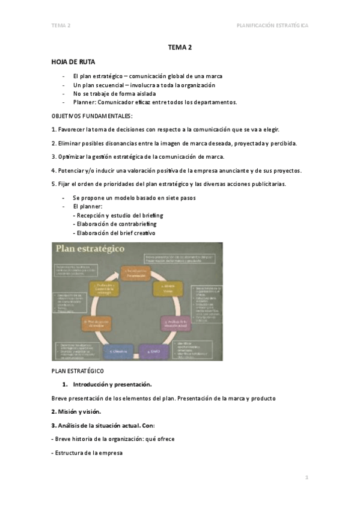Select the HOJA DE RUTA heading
[x=73, y=62]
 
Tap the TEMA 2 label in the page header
[x=61, y=26]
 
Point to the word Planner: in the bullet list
[x=84, y=102]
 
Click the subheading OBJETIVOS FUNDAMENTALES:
[x=92, y=115]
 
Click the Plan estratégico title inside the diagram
[x=91, y=249]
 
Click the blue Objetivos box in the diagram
[x=118, y=350]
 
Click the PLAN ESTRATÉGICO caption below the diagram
[x=78, y=370]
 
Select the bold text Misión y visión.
[x=76, y=412]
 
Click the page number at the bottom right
[x=307, y=477]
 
